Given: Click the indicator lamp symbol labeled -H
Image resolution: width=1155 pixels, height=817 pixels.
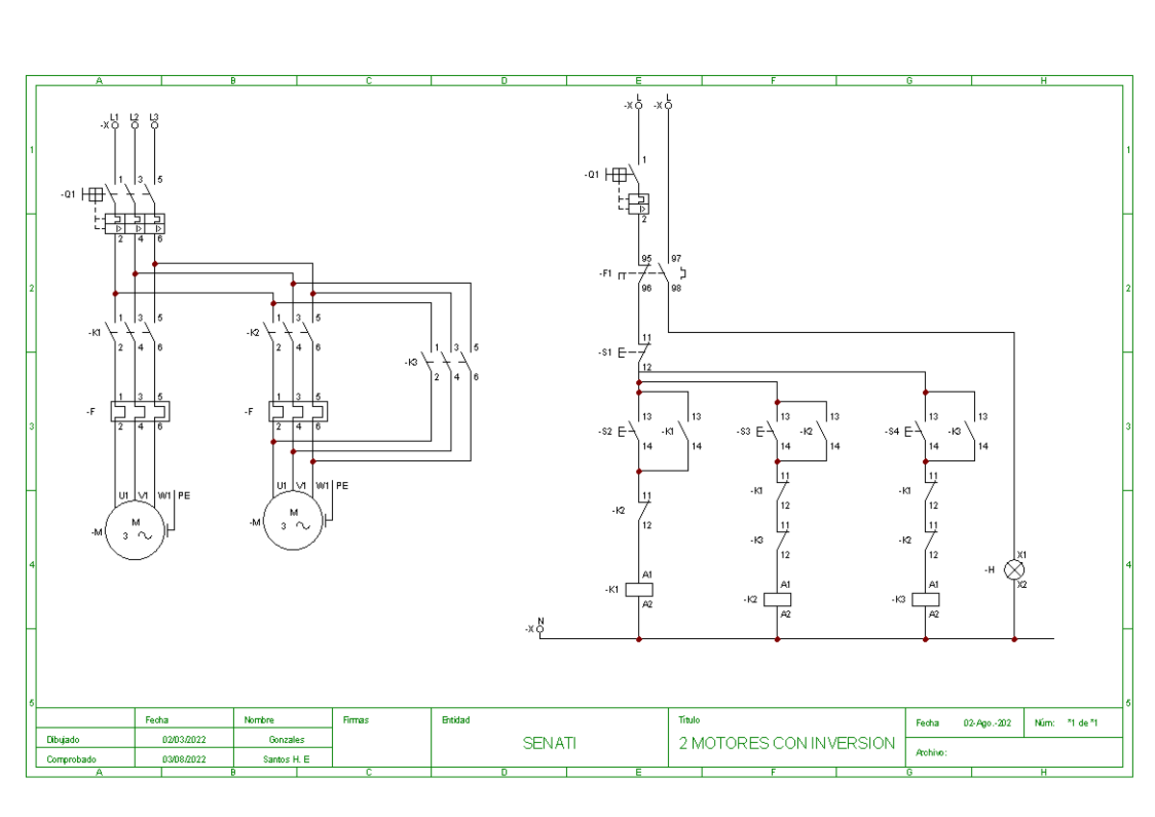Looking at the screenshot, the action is (1014, 570).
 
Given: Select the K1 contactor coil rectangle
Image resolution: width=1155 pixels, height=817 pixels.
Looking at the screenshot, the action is (639, 589).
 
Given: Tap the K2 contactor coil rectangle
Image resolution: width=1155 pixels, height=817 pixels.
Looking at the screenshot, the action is (777, 599).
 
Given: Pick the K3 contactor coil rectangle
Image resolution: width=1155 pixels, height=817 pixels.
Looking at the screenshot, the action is (926, 599).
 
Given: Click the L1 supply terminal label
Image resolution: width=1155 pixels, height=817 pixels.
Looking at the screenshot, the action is (115, 117).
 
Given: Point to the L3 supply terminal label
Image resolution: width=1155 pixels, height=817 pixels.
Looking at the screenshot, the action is (154, 117).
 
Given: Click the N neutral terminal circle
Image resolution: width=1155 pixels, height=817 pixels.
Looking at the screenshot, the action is (540, 628).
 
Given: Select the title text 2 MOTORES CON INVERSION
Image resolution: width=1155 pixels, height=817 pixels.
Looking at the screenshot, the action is (786, 743).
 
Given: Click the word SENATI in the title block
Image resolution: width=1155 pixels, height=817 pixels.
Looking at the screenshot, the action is (550, 743).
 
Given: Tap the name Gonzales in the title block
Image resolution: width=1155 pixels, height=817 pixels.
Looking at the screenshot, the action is (287, 740).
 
